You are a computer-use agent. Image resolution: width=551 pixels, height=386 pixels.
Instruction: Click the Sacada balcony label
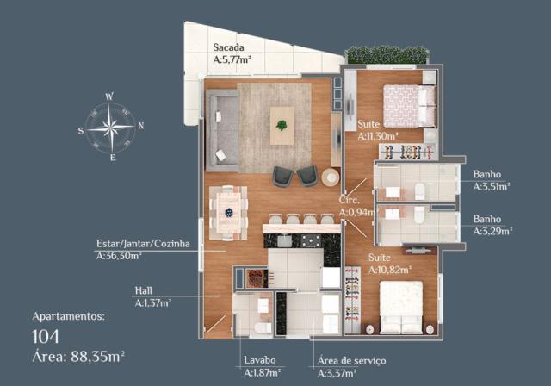click(228, 47)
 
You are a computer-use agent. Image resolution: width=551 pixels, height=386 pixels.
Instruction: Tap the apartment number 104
click(46, 337)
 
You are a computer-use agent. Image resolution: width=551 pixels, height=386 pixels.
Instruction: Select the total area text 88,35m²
click(97, 357)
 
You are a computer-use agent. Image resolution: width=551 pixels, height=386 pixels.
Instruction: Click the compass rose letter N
click(141, 126)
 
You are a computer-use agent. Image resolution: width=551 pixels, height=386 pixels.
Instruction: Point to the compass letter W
click(109, 96)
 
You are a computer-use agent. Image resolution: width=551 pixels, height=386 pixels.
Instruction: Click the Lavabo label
click(260, 360)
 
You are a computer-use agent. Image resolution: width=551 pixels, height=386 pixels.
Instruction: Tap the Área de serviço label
click(352, 361)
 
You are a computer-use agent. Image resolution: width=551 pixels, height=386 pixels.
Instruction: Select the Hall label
click(144, 290)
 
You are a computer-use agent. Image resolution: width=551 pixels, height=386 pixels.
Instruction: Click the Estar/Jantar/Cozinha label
click(143, 244)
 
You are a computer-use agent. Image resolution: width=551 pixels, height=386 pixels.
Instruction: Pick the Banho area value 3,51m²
click(492, 187)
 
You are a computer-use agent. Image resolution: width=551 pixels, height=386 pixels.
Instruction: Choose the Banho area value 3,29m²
click(492, 231)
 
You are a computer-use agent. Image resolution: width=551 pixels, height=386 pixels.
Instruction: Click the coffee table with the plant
click(282, 126)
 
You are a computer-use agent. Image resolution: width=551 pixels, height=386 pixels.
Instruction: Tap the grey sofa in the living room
click(222, 130)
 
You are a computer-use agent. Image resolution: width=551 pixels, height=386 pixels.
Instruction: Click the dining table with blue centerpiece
click(228, 213)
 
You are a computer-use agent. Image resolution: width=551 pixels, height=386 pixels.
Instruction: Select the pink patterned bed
click(410, 106)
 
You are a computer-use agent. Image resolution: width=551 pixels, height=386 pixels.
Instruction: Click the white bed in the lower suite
click(401, 307)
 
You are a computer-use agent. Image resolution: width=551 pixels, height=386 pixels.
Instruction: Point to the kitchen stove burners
click(311, 240)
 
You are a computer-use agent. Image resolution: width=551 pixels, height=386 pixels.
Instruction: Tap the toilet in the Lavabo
click(263, 327)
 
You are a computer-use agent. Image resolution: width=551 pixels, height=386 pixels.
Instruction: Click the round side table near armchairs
click(331, 177)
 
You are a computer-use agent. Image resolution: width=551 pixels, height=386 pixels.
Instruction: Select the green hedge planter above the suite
click(387, 55)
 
